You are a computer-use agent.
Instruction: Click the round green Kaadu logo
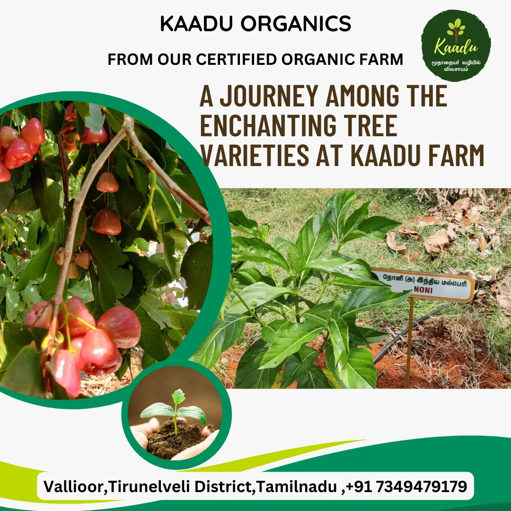[x=456, y=45]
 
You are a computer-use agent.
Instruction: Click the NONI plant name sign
[x=422, y=284]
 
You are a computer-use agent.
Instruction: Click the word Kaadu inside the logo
[x=456, y=48]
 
